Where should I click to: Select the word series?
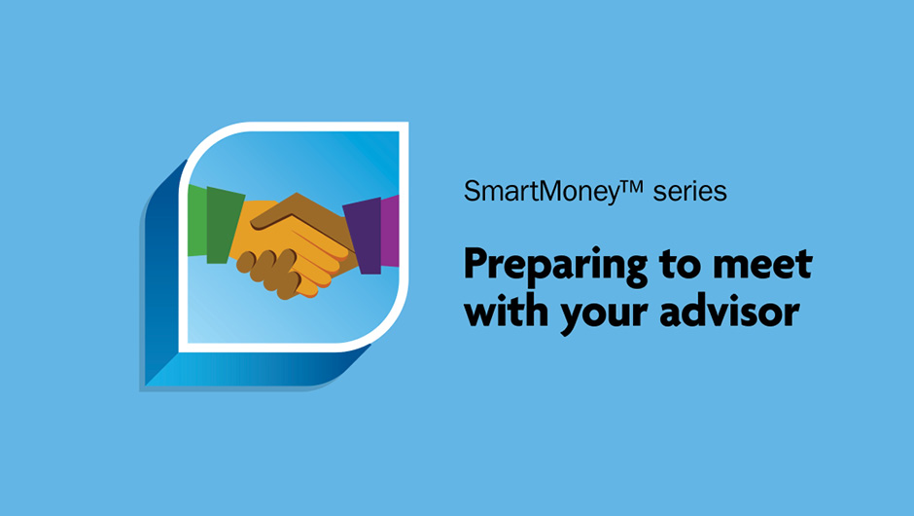tap(689, 192)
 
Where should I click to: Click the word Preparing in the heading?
tap(555, 266)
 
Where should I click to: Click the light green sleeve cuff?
tap(197, 220)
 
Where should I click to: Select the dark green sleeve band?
tap(225, 225)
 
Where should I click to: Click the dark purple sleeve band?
tap(364, 236)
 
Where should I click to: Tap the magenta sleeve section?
tap(390, 232)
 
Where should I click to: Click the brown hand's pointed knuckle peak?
tap(298, 195)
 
